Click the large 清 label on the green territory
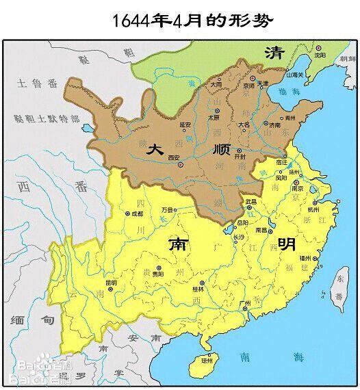275,53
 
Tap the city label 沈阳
320,54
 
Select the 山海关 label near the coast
295,74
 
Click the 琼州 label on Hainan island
207,360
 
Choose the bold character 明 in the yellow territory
287,244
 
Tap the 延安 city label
185,125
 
